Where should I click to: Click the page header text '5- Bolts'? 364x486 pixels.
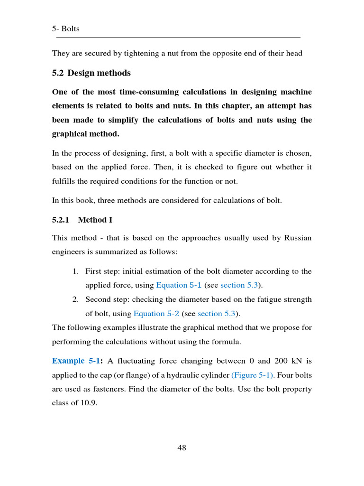[x=65, y=29]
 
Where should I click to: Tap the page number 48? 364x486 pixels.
[x=182, y=448]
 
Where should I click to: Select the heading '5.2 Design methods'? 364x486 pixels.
[x=91, y=73]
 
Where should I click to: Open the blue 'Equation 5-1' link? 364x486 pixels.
[x=179, y=285]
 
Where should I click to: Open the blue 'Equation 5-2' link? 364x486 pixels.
[x=156, y=313]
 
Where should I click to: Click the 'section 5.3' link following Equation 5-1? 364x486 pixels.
[x=239, y=285]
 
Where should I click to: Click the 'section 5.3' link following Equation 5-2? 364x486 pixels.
[x=217, y=313]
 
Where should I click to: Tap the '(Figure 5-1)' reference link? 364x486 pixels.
[x=253, y=375]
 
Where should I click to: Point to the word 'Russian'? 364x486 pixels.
[x=298, y=238]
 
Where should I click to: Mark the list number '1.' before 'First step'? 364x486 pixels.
[x=75, y=271]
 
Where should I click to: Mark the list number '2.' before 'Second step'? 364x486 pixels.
[x=75, y=299]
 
